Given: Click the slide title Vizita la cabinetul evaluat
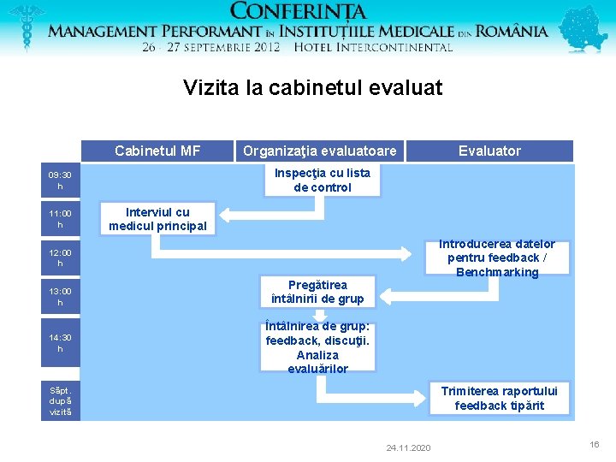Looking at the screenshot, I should (x=312, y=87).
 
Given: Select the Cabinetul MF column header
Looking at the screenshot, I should (x=157, y=151).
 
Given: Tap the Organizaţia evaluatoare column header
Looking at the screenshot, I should (x=320, y=151).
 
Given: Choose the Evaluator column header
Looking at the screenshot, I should (x=489, y=151).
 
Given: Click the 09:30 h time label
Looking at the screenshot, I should (x=60, y=181).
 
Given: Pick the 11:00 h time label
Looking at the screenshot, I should (x=60, y=219).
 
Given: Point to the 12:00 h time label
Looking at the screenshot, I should (x=60, y=258).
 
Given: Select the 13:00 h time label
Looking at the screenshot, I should (x=60, y=297).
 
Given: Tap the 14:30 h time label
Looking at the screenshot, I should (x=60, y=343).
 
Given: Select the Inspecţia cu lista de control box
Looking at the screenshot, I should (x=322, y=180).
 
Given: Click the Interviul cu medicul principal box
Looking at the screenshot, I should (x=157, y=219).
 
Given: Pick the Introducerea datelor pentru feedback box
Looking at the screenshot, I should (x=497, y=258).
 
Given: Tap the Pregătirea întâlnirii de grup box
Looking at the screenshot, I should (x=317, y=292).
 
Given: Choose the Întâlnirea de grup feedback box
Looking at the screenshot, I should (x=317, y=347).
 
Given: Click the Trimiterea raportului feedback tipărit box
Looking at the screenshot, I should (x=499, y=399).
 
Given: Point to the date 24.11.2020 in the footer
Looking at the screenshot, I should (x=408, y=448).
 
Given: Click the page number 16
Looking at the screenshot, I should (x=594, y=445).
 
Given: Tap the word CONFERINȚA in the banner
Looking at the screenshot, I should (x=299, y=12).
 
